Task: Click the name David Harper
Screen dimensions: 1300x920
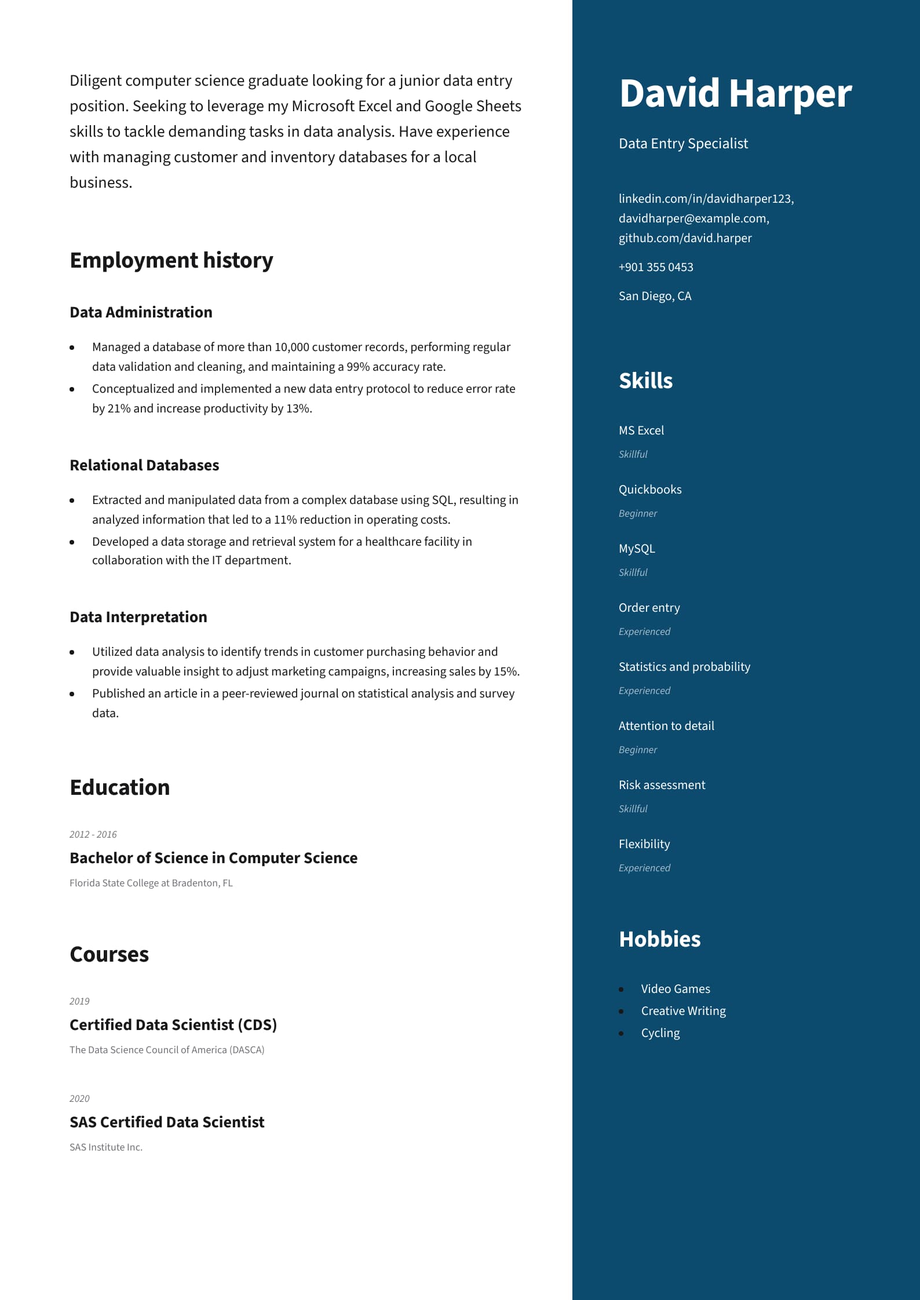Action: tap(735, 93)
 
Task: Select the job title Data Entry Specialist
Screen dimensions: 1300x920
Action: tap(683, 144)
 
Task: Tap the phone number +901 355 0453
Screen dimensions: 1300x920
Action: tap(655, 267)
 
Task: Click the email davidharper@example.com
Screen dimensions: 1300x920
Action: tap(693, 218)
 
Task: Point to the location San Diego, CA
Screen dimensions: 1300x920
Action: tap(655, 296)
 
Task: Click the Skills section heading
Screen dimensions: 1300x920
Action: tap(645, 381)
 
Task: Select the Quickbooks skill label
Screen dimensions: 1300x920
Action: tap(649, 490)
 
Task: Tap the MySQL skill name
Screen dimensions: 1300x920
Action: tap(636, 549)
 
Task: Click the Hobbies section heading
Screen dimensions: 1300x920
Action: tap(659, 939)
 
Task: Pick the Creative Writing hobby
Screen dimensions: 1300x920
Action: tap(683, 1011)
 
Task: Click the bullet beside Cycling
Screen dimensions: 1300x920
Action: tap(622, 1034)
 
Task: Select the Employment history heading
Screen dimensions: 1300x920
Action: tap(171, 261)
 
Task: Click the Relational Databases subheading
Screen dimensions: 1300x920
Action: tap(144, 465)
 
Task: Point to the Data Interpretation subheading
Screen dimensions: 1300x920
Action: tap(138, 617)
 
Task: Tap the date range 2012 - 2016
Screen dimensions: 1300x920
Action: tap(93, 834)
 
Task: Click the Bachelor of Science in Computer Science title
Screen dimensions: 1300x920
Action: tap(213, 858)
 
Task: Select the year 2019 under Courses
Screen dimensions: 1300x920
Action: tap(79, 1001)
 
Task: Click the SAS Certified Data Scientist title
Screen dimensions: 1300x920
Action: tap(167, 1122)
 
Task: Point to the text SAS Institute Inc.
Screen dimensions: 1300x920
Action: tap(105, 1147)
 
